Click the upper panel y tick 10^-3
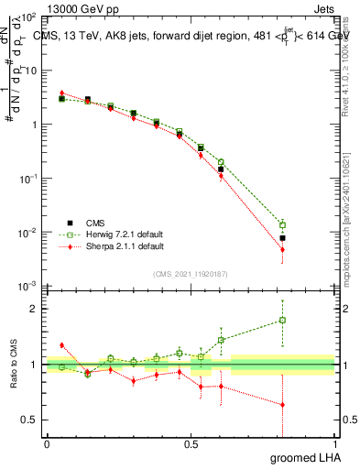(27, 287)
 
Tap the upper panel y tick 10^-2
(27, 233)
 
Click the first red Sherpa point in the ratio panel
(61, 345)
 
